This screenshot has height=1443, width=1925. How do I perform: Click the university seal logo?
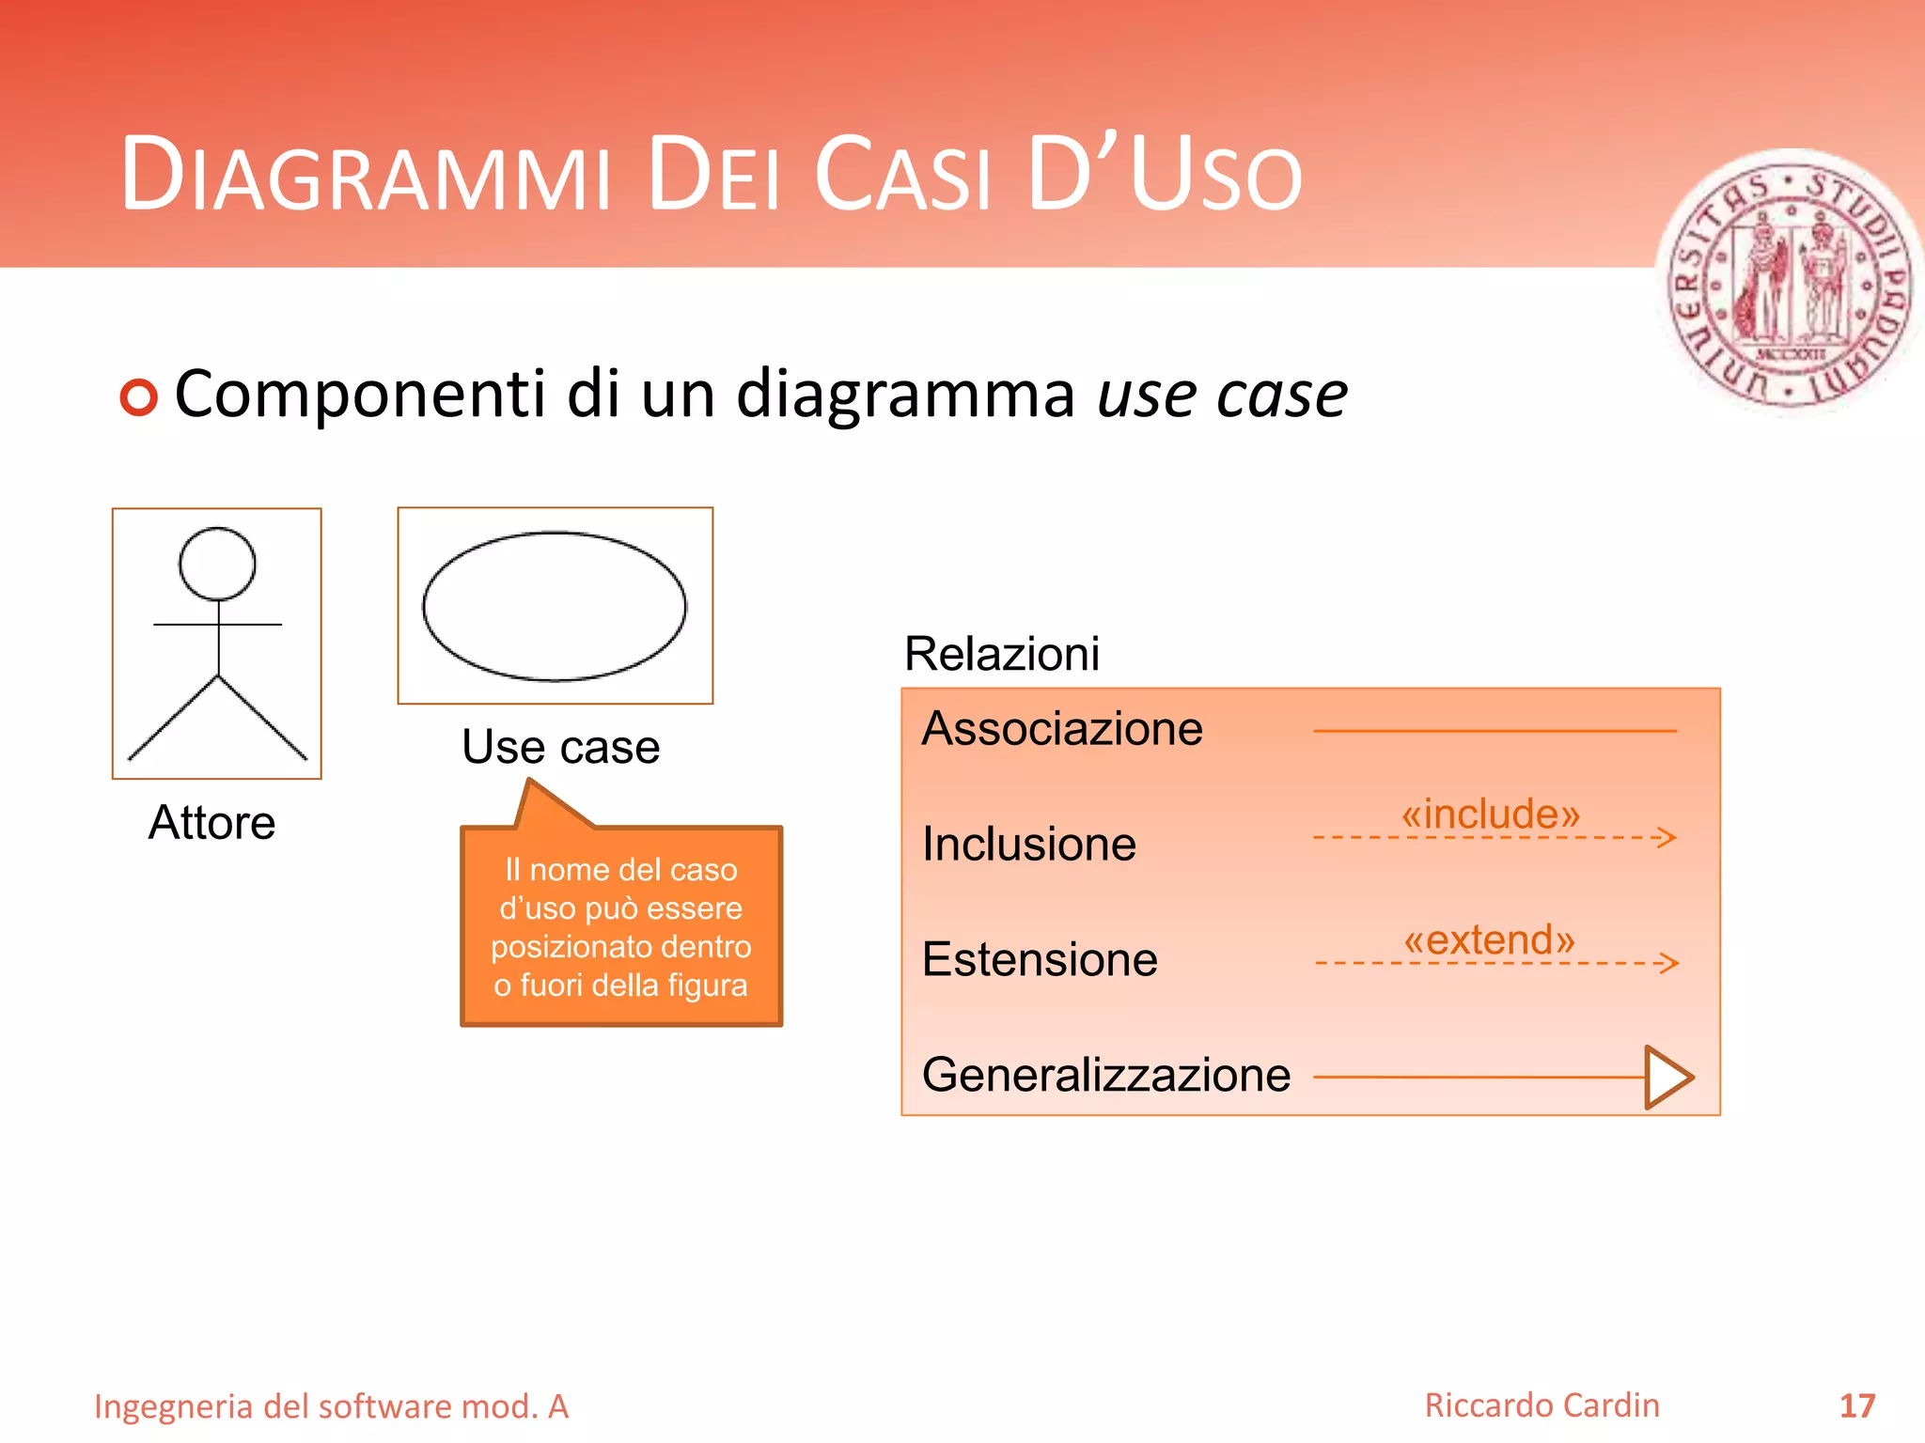click(x=1791, y=283)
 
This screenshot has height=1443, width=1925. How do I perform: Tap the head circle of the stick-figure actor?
click(x=217, y=564)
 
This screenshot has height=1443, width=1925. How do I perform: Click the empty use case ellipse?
click(x=555, y=607)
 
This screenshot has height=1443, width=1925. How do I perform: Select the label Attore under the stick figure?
click(x=212, y=823)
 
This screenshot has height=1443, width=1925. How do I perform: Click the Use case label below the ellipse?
click(x=561, y=748)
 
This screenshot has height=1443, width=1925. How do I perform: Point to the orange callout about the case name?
click(x=621, y=926)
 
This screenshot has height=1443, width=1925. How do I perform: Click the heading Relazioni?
click(x=1002, y=654)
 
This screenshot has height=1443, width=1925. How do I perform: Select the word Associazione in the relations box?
click(x=1062, y=729)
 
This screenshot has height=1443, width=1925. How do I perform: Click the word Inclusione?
click(x=1029, y=844)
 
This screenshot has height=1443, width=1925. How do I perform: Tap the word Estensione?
click(x=1040, y=959)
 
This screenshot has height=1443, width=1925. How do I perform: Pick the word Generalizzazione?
click(x=1106, y=1075)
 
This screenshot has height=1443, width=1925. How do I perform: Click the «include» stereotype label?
click(x=1491, y=814)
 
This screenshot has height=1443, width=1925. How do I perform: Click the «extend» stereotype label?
click(x=1489, y=939)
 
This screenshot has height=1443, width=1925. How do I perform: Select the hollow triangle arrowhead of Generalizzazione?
click(x=1667, y=1077)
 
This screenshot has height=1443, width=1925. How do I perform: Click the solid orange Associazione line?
click(x=1495, y=730)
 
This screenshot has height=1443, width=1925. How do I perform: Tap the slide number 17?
click(x=1857, y=1406)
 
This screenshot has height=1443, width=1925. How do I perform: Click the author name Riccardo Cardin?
click(x=1542, y=1405)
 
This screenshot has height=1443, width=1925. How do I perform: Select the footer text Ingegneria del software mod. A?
click(x=331, y=1406)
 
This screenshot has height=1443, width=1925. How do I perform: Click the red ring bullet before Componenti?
click(x=139, y=397)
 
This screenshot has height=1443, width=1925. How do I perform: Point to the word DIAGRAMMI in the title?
click(x=367, y=176)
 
